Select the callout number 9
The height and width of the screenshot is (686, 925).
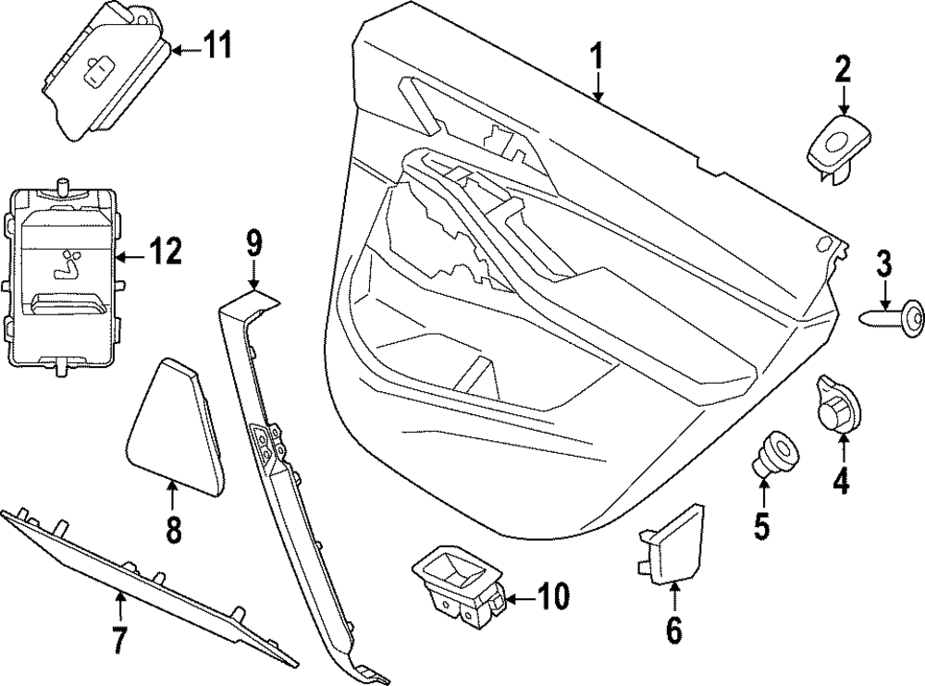point(254,244)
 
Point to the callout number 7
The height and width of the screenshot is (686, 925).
point(119,639)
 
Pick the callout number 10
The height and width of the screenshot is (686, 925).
point(554,597)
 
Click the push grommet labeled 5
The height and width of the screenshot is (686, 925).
point(771,454)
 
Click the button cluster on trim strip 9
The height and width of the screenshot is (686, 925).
point(266,443)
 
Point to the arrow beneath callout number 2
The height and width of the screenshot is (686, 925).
point(843,100)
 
